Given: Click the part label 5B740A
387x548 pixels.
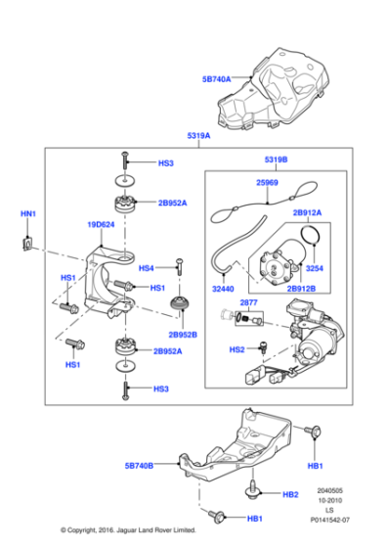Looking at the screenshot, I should (217, 76).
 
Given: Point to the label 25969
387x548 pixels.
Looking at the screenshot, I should (267, 182).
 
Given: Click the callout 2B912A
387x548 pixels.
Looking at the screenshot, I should (306, 211).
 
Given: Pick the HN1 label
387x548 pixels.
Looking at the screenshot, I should (27, 213).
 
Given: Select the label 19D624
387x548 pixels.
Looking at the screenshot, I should (101, 224).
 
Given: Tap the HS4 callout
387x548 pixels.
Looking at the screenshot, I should (147, 267).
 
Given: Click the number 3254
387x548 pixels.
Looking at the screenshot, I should (314, 267).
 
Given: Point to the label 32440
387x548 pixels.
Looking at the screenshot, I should (224, 290).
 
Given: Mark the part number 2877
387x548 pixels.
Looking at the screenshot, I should (248, 302).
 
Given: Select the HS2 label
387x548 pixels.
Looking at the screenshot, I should (236, 349).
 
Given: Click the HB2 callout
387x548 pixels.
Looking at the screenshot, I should (289, 494).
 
